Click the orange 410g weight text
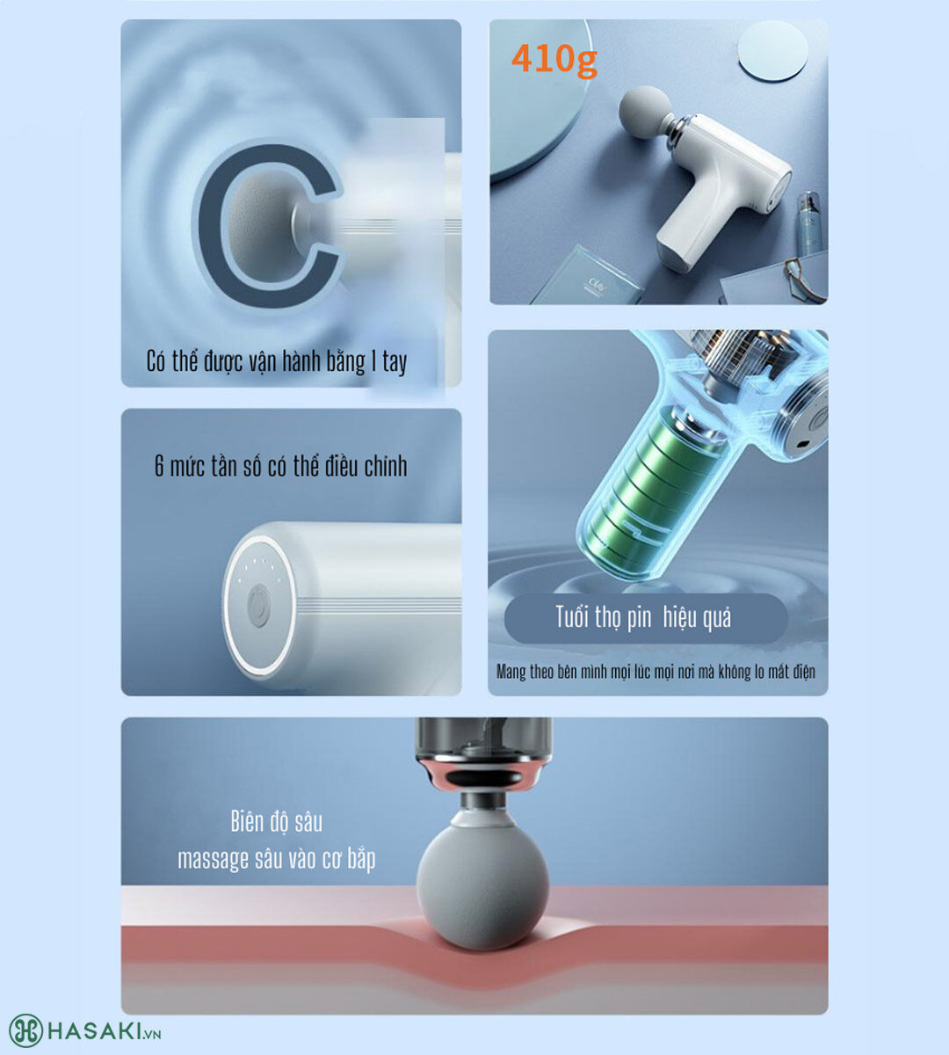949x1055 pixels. coord(554,60)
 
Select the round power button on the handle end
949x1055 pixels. coord(258,607)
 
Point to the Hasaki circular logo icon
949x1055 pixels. coord(25,1030)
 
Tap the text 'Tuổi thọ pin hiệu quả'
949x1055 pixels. coord(643,617)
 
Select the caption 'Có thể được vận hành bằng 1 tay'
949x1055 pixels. coord(277,361)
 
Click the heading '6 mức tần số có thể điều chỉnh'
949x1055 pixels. coord(281,466)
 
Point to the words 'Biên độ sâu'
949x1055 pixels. coord(277,822)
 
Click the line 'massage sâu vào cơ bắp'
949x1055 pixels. coord(277,859)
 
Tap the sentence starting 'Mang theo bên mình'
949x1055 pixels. coord(656,673)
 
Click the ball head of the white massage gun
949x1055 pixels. coord(645,113)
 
